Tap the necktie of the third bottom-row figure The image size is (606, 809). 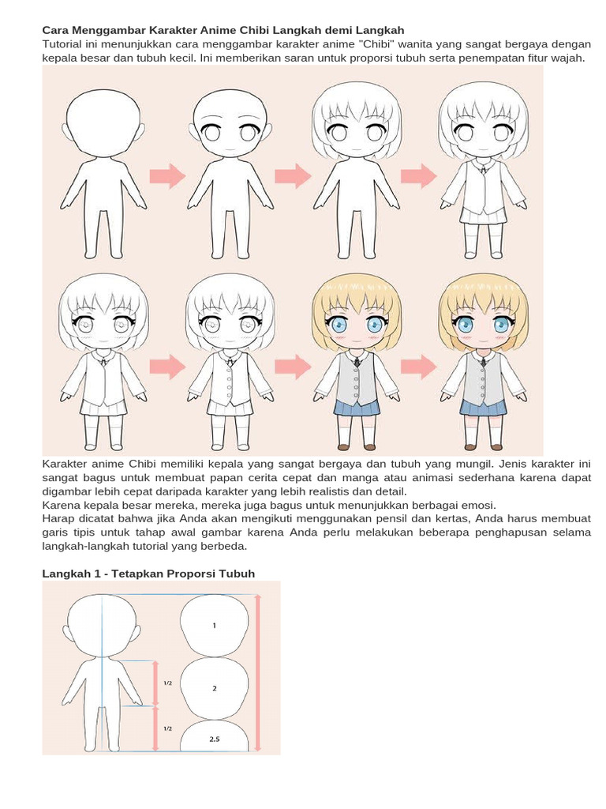point(357,364)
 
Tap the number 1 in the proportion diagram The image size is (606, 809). point(214,625)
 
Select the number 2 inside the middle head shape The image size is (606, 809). point(215,688)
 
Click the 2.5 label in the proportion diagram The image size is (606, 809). point(215,739)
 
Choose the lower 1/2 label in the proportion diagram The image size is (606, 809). point(168,728)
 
